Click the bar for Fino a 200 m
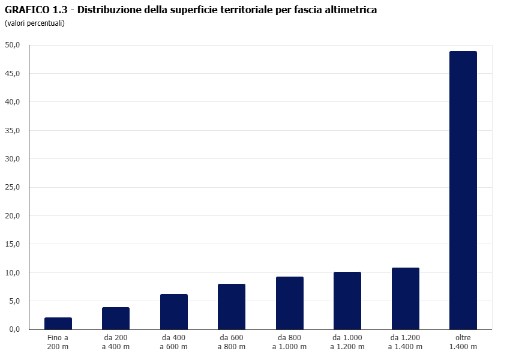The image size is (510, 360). coord(58,323)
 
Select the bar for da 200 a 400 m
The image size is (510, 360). coord(116,319)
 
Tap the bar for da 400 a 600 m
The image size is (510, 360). coord(174,312)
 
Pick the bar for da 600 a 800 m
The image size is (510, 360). coord(232,307)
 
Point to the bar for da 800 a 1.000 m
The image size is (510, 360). coord(290,303)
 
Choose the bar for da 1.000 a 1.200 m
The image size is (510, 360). coord(347,301)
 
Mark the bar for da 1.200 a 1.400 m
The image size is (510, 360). coord(406,299)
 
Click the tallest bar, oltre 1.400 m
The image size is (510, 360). coord(463,190)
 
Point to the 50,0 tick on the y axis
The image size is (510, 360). coord(13,45)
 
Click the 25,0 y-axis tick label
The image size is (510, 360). coord(13,187)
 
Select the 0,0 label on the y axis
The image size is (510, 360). coord(14,329)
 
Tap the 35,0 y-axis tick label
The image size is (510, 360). coord(13,130)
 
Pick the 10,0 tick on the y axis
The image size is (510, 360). coord(13,273)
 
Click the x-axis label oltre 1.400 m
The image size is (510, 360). coord(463,342)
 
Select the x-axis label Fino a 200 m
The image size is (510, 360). coord(58,342)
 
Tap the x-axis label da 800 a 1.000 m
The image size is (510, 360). coord(290,342)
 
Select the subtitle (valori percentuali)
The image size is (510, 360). coord(34,23)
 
